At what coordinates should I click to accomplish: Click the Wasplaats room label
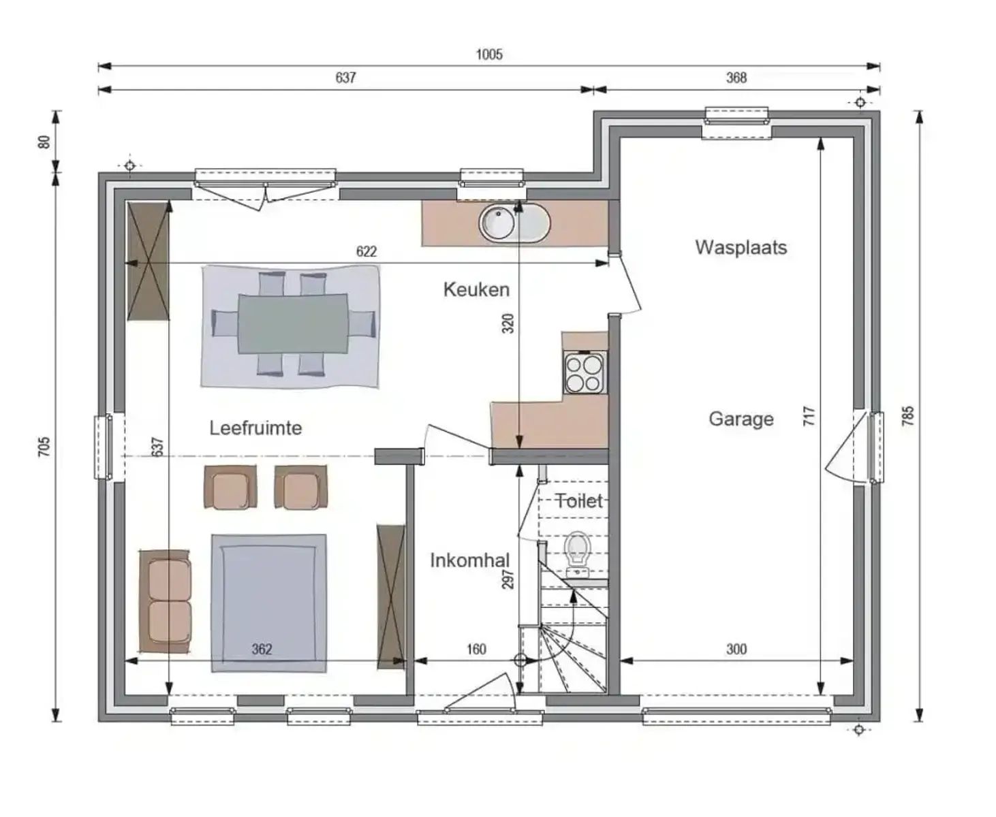(741, 247)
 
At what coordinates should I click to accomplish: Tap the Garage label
(741, 419)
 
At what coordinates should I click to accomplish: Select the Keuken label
(476, 289)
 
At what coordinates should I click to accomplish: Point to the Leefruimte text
(255, 428)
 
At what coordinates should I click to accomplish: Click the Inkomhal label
(469, 561)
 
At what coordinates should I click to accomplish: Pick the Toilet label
(579, 501)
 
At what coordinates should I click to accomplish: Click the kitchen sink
(513, 223)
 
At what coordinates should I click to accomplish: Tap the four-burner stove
(585, 373)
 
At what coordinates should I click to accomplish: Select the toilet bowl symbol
(577, 549)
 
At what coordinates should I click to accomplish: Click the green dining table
(293, 323)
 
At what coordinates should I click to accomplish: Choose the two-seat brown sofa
(166, 600)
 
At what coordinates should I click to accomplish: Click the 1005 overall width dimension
(489, 54)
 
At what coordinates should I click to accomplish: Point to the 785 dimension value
(907, 416)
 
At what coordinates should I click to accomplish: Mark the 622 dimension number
(367, 251)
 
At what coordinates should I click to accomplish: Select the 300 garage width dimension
(736, 649)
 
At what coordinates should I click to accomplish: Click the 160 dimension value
(476, 649)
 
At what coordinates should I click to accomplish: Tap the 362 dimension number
(262, 649)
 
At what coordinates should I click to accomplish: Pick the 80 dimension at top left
(44, 142)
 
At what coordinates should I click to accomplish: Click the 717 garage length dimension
(809, 416)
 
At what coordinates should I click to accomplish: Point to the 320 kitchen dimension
(508, 323)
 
